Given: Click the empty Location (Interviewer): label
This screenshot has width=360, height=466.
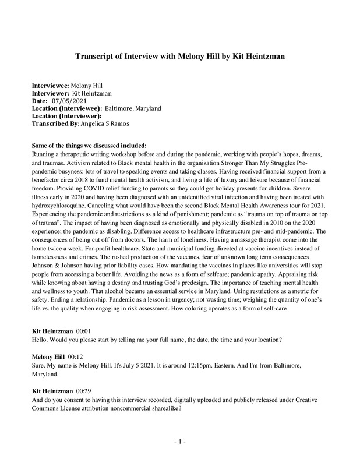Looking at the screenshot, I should point(67,115).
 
